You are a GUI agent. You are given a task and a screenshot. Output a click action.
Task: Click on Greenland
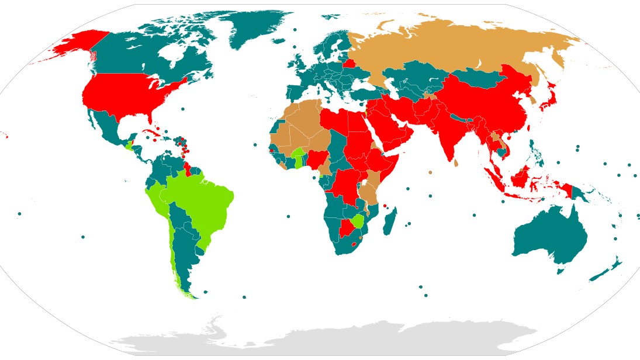click(x=257, y=26)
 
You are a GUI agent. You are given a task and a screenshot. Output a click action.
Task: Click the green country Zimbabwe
click(x=358, y=221)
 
